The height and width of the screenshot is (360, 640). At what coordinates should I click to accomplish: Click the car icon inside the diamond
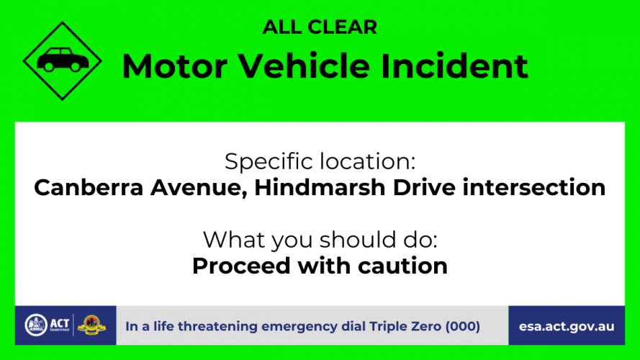[63, 60]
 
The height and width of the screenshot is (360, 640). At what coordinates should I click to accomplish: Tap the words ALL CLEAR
[320, 27]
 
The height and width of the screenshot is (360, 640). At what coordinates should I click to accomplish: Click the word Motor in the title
[175, 66]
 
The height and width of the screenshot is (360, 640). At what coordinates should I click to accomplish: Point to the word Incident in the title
[455, 66]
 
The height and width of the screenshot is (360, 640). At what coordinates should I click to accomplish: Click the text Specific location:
[320, 162]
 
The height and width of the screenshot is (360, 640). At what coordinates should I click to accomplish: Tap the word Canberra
[89, 188]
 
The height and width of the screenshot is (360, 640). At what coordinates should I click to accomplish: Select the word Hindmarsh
[320, 188]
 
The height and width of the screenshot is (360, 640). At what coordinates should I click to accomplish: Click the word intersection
[534, 188]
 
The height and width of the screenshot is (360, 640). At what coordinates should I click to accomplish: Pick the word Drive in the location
[424, 188]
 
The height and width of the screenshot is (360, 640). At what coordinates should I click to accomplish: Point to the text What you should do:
[320, 240]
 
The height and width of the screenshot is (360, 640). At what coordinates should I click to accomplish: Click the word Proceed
[241, 266]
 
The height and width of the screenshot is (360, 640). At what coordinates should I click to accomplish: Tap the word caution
[402, 266]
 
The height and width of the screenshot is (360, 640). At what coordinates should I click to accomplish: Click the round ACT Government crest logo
[36, 325]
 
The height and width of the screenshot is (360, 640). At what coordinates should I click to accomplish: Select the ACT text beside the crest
[60, 324]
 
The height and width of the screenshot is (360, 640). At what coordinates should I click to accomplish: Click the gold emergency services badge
[91, 325]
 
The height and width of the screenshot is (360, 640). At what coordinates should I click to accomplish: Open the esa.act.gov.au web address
[567, 327]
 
